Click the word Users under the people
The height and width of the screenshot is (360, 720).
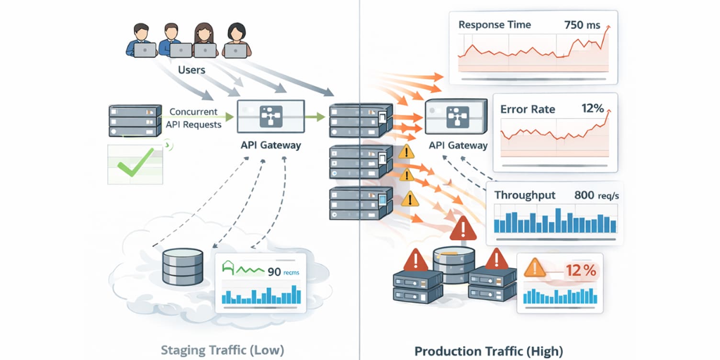[x=191, y=70]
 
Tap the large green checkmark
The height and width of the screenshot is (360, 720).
[x=135, y=163]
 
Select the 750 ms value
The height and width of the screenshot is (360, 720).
[x=582, y=25]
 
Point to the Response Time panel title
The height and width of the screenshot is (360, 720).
[x=494, y=25]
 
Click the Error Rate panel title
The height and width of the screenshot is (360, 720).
[x=528, y=109]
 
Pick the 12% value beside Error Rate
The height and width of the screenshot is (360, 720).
[x=592, y=109]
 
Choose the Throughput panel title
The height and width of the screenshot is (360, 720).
[x=525, y=195]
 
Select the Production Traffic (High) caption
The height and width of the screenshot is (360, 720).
[x=488, y=351]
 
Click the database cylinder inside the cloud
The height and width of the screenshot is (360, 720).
[x=182, y=267]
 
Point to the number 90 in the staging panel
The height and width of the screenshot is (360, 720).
[x=274, y=272]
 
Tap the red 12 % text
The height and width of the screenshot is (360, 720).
[x=581, y=271]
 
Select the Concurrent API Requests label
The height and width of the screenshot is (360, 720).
[x=193, y=118]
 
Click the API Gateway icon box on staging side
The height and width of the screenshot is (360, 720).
[x=270, y=116]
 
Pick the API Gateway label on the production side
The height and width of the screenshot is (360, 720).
[x=458, y=145]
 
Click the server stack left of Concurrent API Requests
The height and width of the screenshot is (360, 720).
[x=134, y=122]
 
